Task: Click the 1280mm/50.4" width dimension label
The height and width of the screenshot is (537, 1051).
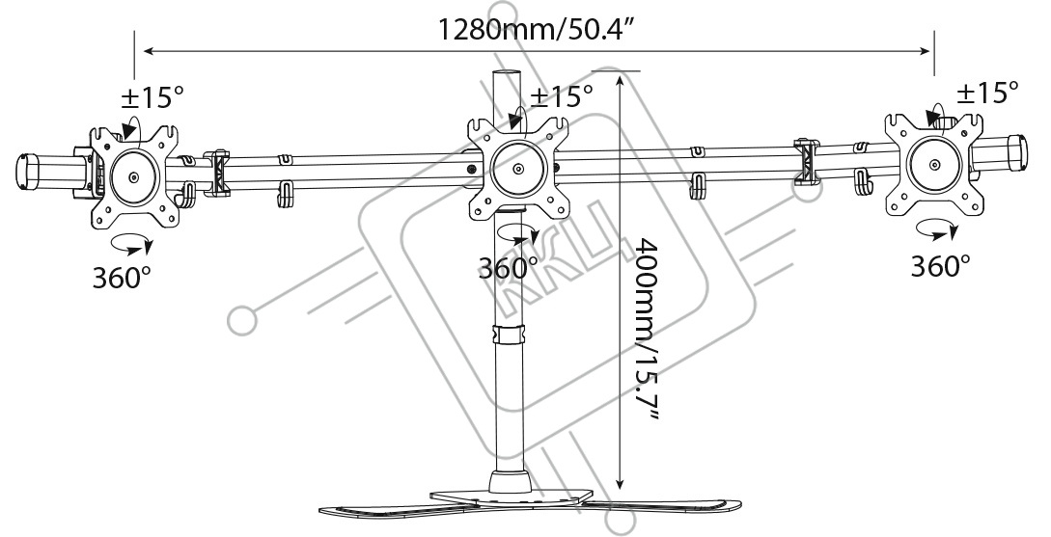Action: pos(536,30)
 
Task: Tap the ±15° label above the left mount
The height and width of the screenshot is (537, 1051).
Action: pos(152,97)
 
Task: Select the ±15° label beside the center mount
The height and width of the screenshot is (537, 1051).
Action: pos(562,96)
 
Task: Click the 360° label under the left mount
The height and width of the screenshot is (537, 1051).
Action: pos(122,276)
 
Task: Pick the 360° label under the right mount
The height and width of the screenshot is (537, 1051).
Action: pos(940,266)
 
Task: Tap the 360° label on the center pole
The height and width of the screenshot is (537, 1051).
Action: pos(508,268)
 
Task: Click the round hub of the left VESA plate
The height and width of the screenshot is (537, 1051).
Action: pos(134,176)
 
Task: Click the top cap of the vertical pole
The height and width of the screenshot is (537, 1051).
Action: pos(508,72)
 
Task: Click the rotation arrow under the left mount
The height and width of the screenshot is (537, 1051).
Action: pos(130,244)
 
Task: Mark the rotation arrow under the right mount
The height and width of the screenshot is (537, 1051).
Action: pos(936,229)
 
